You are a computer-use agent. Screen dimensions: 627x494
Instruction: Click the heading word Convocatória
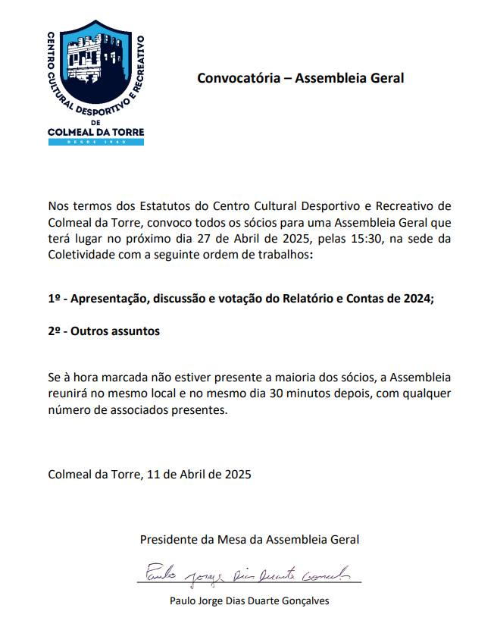[x=241, y=78]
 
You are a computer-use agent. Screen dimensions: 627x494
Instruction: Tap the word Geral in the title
[x=387, y=78]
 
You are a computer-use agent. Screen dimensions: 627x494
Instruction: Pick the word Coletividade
[x=82, y=257]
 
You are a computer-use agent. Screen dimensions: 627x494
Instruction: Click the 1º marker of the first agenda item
[x=54, y=299]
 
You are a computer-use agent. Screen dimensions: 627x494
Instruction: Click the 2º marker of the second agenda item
[x=55, y=332]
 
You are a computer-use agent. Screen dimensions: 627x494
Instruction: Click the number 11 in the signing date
[x=153, y=475]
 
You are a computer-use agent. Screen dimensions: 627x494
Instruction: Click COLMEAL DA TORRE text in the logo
[x=95, y=131]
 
